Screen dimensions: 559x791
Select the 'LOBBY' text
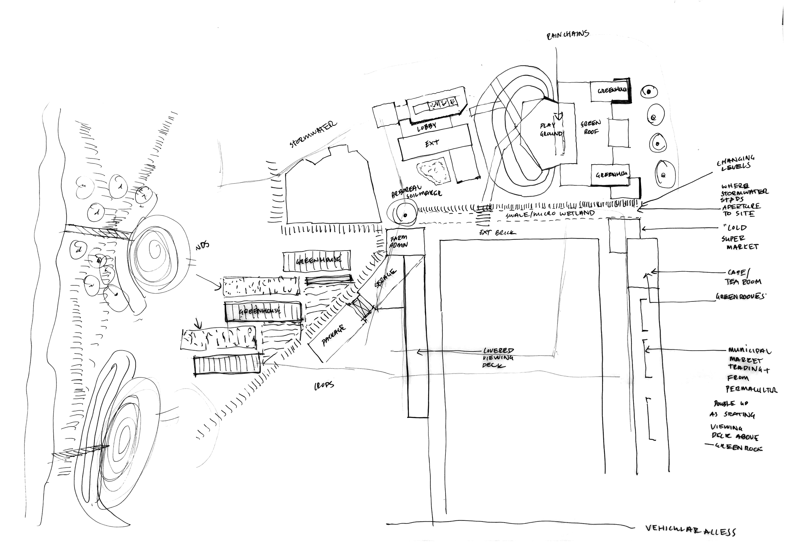[427, 127]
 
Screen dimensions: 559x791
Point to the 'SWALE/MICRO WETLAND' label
[550, 214]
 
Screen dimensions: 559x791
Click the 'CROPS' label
[324, 385]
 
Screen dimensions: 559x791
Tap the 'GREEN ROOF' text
[591, 127]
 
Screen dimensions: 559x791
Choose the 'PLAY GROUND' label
[551, 129]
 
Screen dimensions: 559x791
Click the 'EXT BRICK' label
[497, 233]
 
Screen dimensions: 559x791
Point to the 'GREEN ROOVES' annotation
[739, 296]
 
